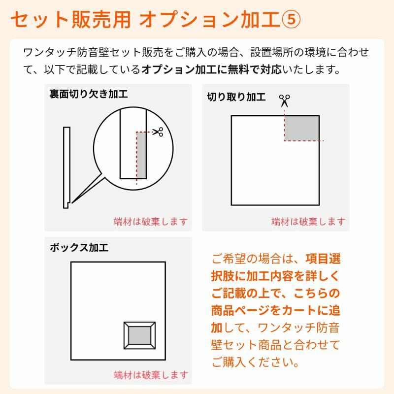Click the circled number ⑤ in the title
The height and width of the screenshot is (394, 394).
point(290,20)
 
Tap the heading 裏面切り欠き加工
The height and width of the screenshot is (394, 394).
point(89,94)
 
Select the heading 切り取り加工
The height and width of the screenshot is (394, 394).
point(236,97)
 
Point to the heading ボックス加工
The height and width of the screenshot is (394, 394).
point(79,248)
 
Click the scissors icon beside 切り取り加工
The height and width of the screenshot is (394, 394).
point(285,100)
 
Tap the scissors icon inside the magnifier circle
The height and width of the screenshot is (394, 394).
point(158,131)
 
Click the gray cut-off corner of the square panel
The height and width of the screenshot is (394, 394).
point(302,129)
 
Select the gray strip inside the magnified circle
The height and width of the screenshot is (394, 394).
point(141,155)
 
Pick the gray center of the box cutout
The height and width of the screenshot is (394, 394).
point(139,335)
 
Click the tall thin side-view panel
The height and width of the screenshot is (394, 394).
point(66,167)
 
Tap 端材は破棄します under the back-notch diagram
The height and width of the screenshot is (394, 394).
point(151,222)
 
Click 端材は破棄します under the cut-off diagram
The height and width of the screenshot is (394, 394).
point(308,222)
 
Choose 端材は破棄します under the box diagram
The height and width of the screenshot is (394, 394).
point(151,375)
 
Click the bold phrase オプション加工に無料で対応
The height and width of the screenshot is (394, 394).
point(212,69)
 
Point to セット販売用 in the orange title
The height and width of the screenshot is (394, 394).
point(70,20)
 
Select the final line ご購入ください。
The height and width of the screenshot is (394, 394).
point(255,362)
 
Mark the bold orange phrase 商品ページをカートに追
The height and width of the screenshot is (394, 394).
point(276,310)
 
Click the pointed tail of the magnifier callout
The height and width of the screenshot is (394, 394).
point(72,202)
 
